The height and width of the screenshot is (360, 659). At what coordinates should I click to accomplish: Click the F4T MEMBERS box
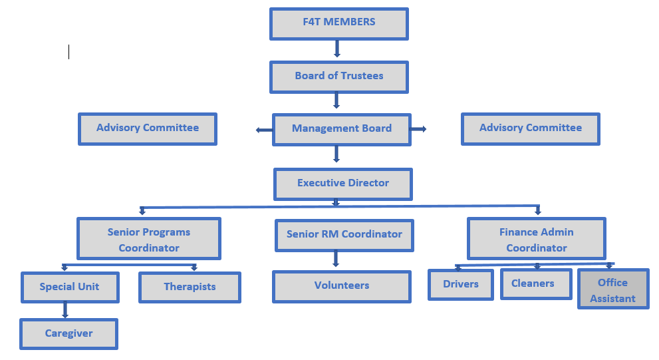[x=338, y=23]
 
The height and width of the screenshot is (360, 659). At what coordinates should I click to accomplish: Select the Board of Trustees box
[x=338, y=77]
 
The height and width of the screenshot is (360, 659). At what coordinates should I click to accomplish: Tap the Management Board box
[x=341, y=129]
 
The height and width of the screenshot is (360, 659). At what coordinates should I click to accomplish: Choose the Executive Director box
[x=343, y=184]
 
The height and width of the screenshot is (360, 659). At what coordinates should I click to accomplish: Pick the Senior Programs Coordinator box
[x=149, y=240]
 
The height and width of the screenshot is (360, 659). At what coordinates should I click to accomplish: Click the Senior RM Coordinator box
[x=344, y=235]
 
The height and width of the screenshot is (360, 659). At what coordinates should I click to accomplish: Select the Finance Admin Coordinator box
[x=536, y=239]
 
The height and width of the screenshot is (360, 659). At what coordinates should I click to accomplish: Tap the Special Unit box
[x=69, y=287]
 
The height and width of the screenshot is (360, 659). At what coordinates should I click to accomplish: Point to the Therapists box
[x=190, y=287]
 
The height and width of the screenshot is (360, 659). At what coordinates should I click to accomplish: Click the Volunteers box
[x=341, y=286]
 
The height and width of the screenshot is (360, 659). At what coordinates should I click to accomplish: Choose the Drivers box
[x=461, y=284]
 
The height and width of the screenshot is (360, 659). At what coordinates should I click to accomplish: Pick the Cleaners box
[x=535, y=283]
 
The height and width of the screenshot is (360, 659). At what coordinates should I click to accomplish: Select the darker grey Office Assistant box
[x=612, y=289]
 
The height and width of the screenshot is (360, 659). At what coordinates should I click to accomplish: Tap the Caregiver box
[x=68, y=333]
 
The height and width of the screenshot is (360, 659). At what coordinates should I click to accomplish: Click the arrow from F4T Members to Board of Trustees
[x=337, y=49]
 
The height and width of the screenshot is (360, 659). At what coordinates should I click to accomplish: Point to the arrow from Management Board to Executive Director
[x=336, y=154]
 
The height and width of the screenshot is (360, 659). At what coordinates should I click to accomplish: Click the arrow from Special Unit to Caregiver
[x=65, y=309]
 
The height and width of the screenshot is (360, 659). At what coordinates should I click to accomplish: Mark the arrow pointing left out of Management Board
[x=264, y=130]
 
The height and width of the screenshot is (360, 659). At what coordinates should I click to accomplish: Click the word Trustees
[x=362, y=76]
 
